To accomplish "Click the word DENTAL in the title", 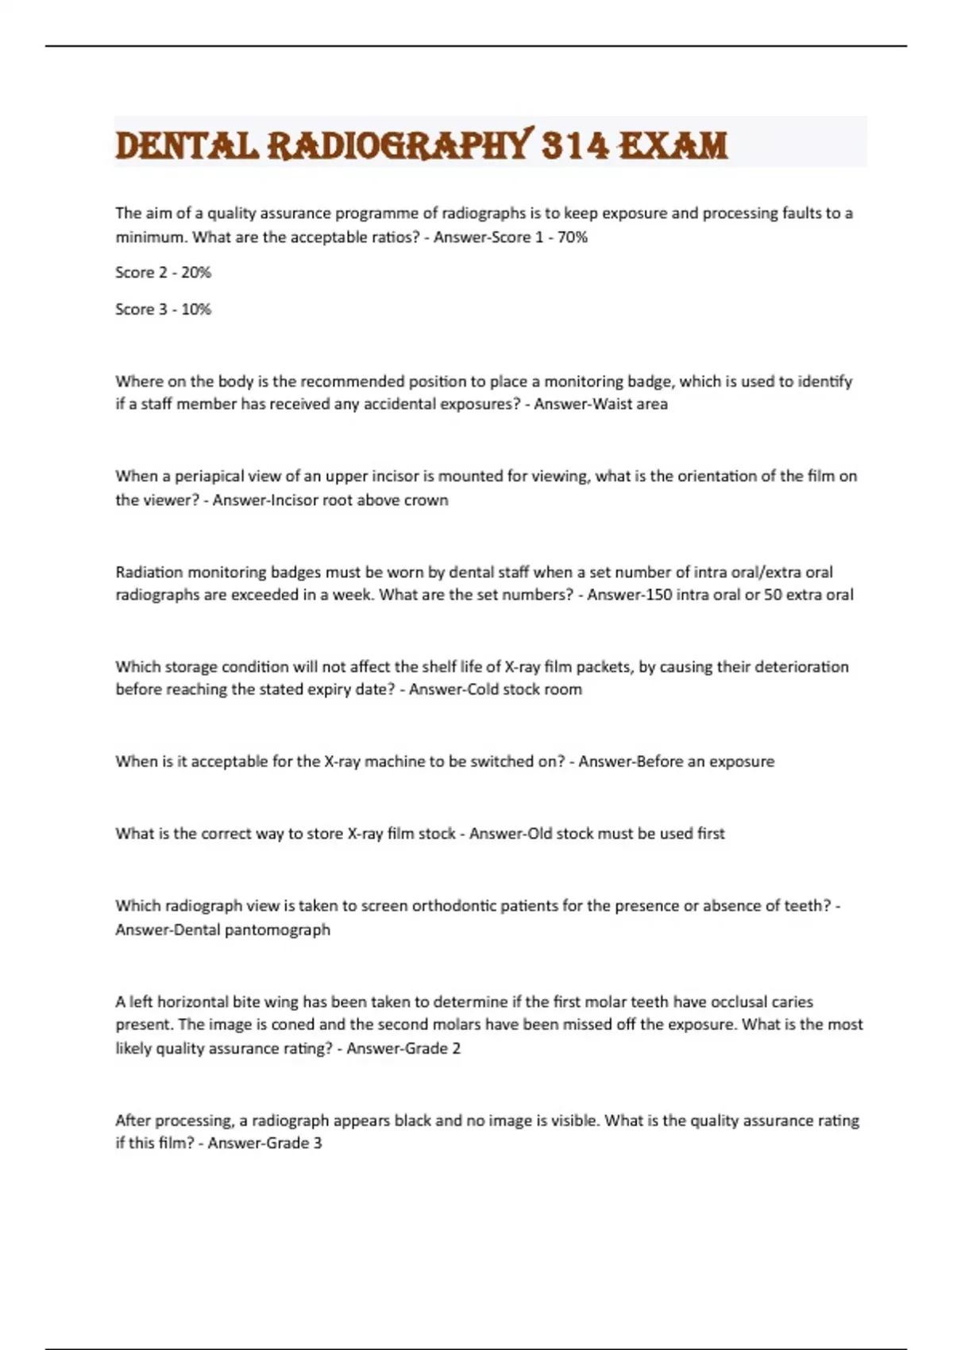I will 187,146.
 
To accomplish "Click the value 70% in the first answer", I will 572,237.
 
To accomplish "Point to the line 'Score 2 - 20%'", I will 163,272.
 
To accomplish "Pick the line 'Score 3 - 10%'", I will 163,309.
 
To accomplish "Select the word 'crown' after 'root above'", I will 426,500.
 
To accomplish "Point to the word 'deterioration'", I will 801,667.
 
